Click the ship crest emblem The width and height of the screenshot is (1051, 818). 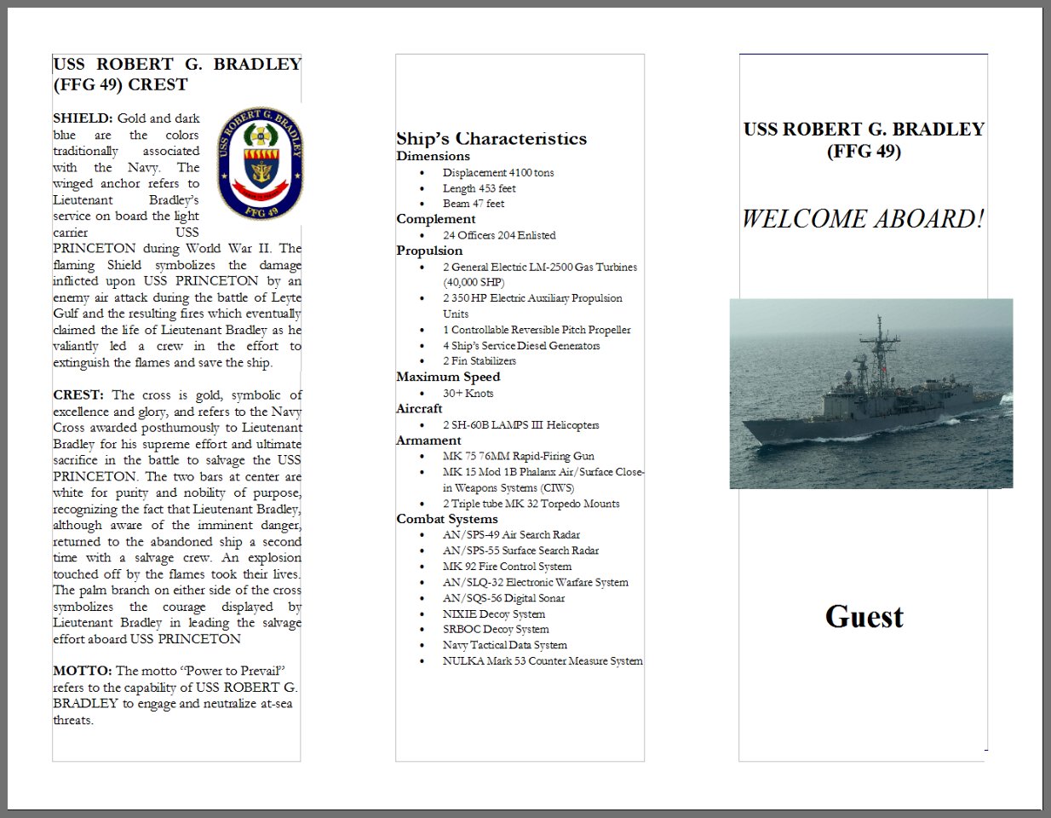tap(261, 164)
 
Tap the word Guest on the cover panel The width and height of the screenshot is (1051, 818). tap(864, 617)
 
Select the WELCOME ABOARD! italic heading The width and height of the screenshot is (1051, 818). tap(863, 219)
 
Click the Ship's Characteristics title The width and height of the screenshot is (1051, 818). tap(491, 139)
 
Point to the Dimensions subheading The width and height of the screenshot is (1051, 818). tap(433, 157)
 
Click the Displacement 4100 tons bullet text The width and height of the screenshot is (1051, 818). tap(497, 173)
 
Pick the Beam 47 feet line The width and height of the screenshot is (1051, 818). tap(473, 204)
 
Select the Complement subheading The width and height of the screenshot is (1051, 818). tap(435, 220)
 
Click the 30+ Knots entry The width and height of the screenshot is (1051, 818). tap(468, 394)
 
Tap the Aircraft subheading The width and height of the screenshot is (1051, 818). tap(419, 409)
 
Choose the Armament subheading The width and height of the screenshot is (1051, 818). tap(428, 441)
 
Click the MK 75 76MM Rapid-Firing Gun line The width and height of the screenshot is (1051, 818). tap(518, 457)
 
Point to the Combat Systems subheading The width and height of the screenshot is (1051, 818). tap(447, 519)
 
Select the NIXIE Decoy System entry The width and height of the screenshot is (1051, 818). tap(493, 614)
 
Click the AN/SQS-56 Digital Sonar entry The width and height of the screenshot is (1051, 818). tap(503, 598)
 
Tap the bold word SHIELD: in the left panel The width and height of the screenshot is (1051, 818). tap(83, 118)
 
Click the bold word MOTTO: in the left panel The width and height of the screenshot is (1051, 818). tap(82, 671)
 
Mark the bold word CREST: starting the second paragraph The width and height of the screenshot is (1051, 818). tap(78, 395)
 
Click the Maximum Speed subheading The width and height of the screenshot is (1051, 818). tap(448, 377)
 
